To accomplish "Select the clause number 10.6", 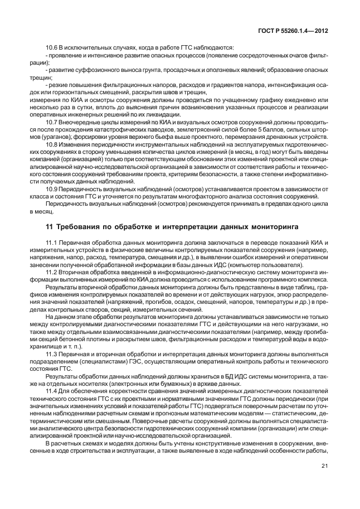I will [52, 47].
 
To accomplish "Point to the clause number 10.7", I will [52, 122].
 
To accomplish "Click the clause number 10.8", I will [52, 143].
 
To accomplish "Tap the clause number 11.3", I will [52, 353].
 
